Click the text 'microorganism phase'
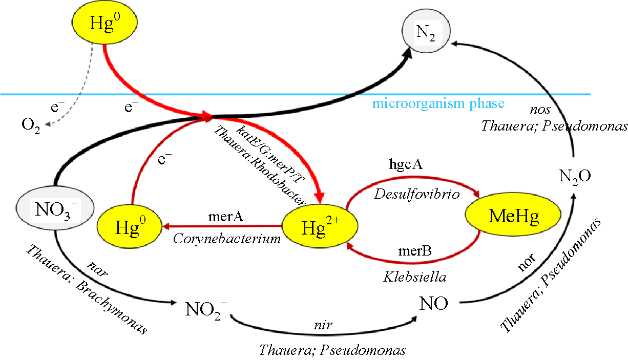438,104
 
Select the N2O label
575,177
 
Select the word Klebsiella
415,277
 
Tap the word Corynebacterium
227,238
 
